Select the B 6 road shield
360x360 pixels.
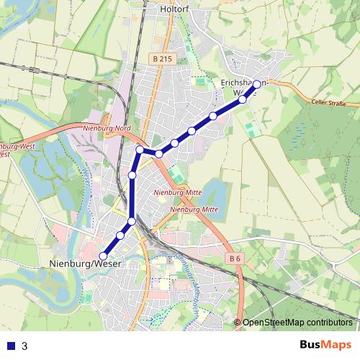point(233,258)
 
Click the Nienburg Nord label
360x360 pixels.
point(107,128)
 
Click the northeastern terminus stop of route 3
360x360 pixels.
point(257,84)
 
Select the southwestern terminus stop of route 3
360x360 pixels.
point(103,256)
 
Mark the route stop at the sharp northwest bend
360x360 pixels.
point(140,150)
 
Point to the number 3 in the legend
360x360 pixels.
point(24,346)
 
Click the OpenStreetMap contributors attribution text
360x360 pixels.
point(297,322)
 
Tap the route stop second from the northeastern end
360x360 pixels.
point(242,99)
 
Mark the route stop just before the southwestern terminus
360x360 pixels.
point(120,235)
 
